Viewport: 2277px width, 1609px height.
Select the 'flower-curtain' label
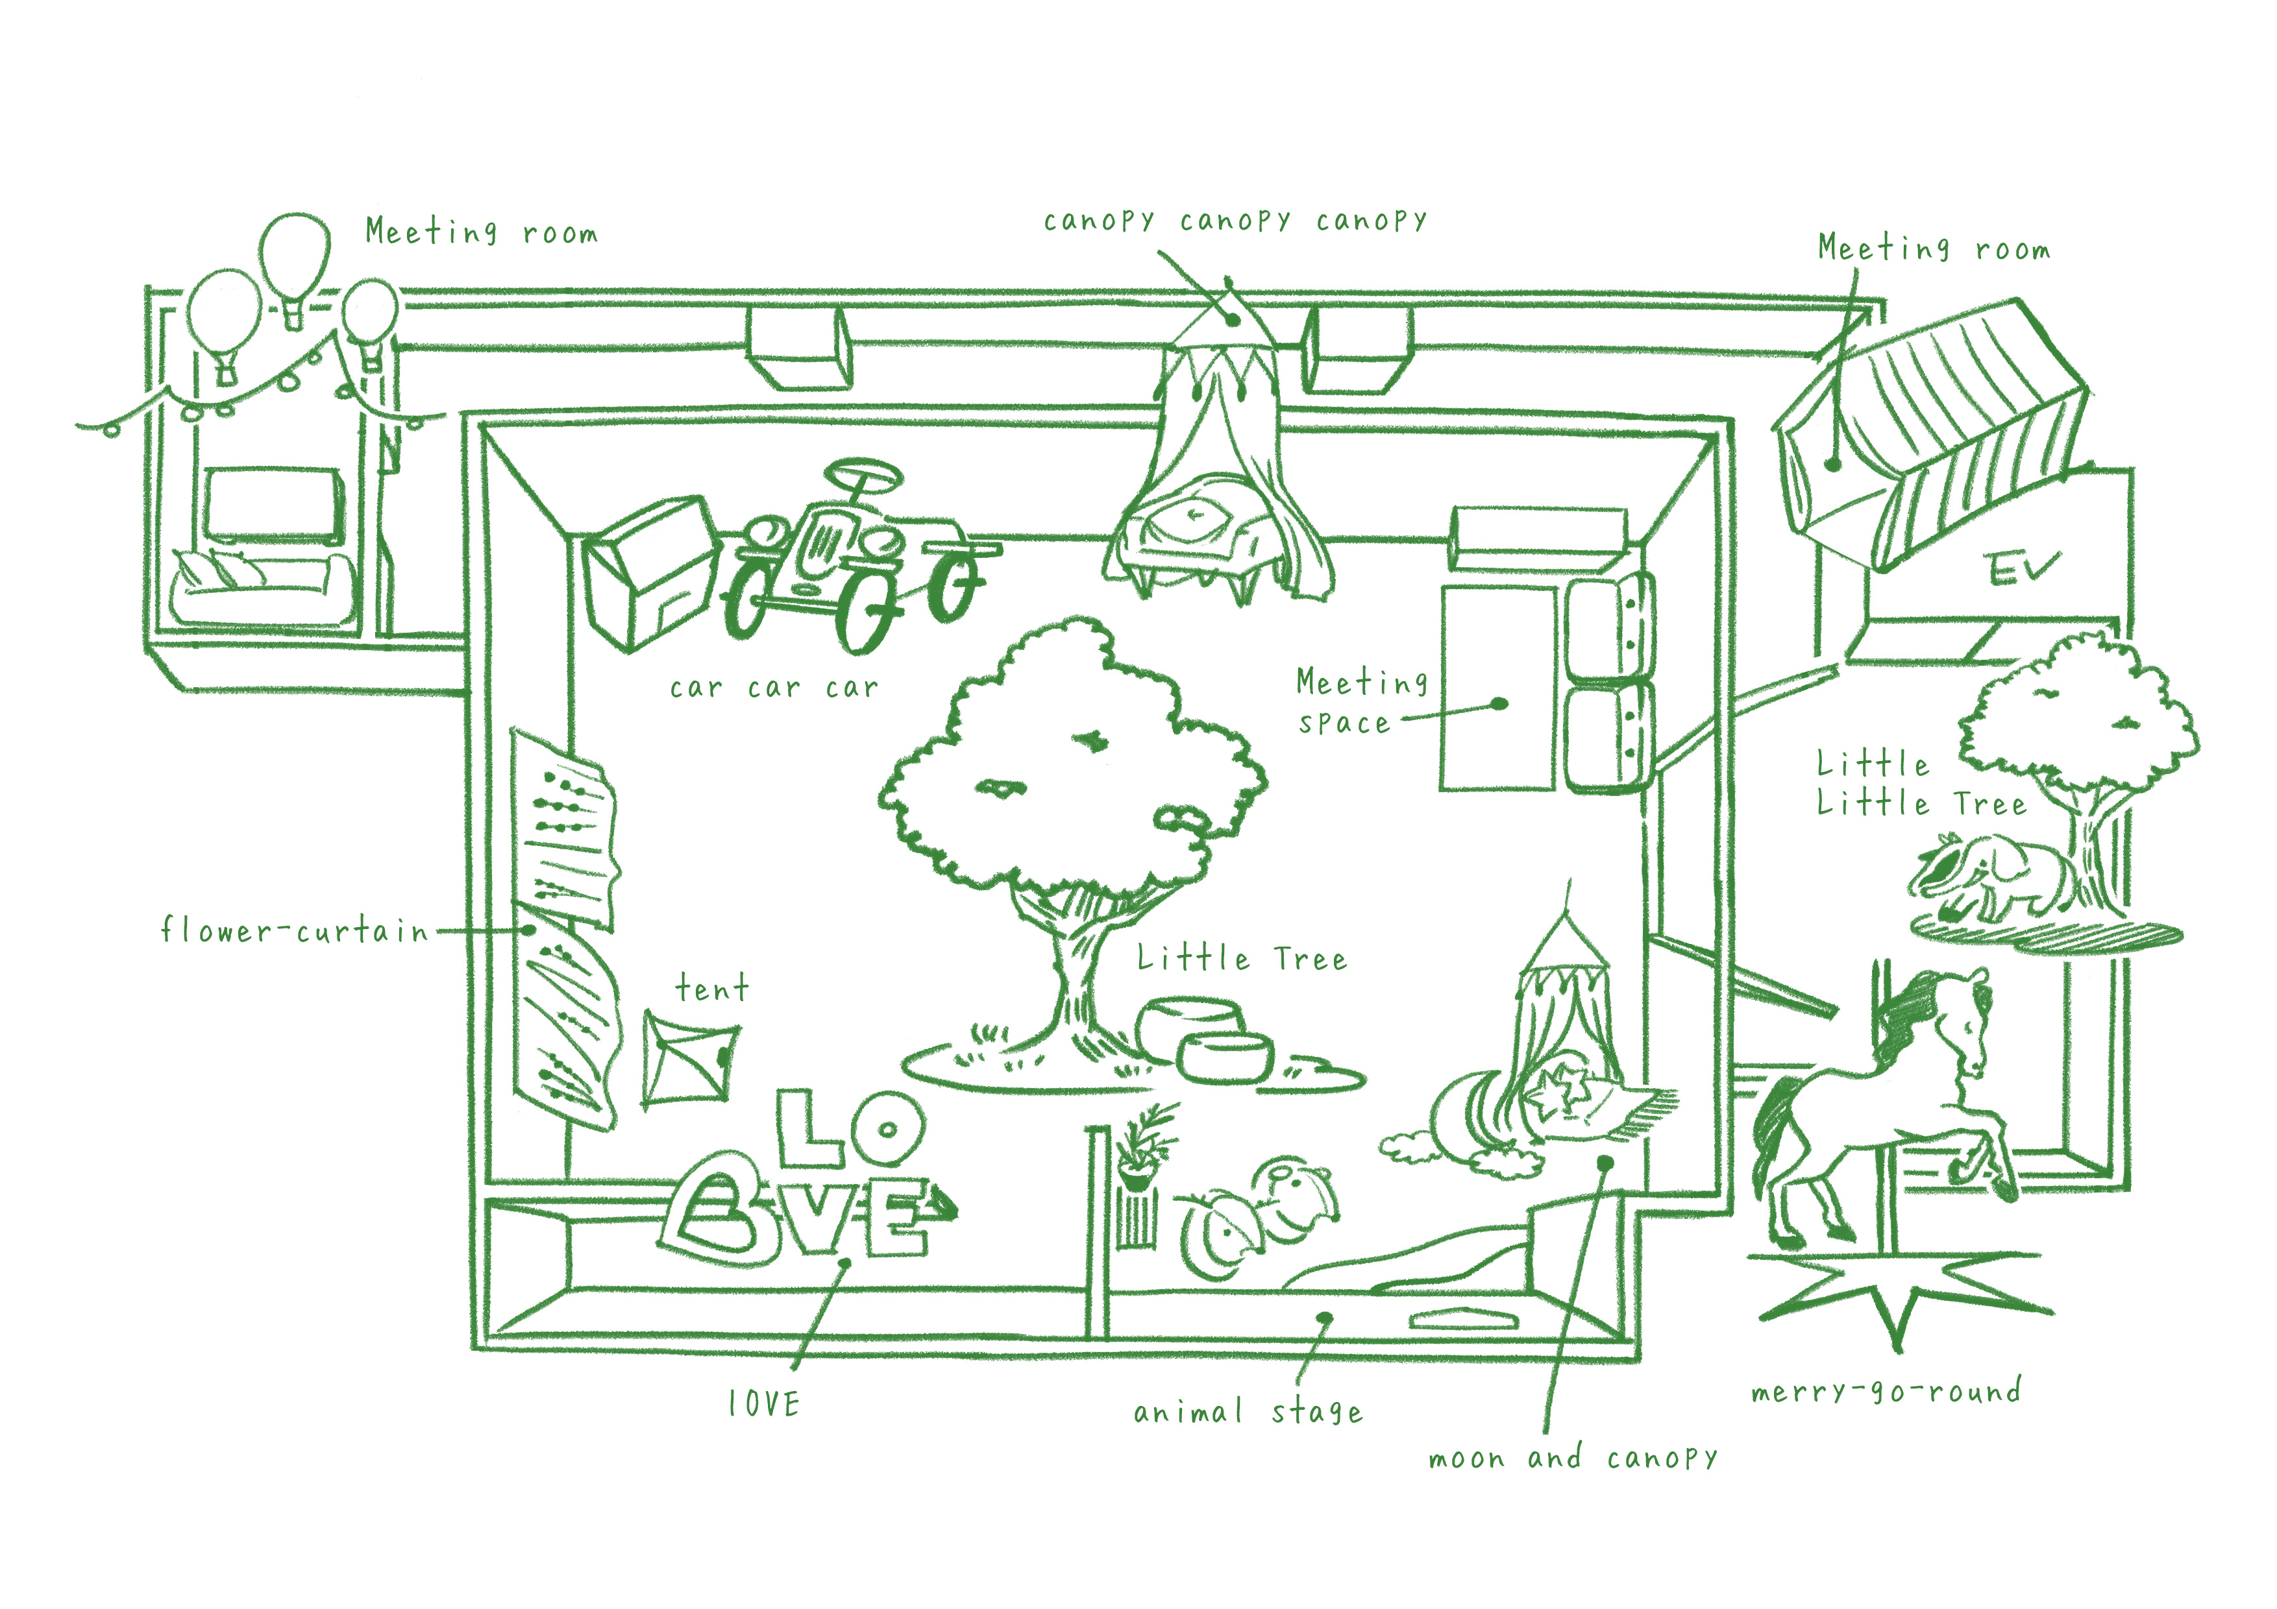[295, 931]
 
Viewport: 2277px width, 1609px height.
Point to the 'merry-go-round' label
[1885, 1391]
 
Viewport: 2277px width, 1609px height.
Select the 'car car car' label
[774, 687]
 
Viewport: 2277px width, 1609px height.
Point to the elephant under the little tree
[1993, 877]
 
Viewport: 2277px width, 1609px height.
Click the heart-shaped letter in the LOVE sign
[712, 1209]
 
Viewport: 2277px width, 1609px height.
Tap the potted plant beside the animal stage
[1144, 1150]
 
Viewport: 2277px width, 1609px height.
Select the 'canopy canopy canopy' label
[1235, 220]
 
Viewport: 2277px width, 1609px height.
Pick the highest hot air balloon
[295, 260]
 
